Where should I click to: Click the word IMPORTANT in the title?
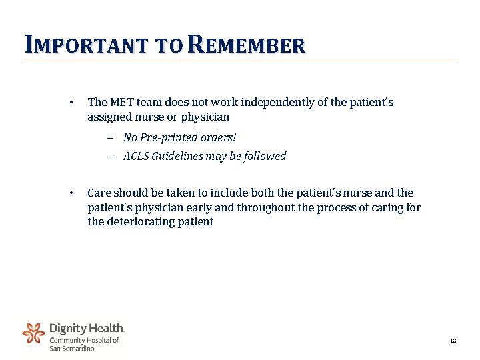pos(87,45)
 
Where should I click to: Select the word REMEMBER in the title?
pos(247,45)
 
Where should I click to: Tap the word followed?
pos(264,157)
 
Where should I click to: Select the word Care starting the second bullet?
pos(99,193)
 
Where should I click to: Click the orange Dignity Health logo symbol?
pos(33,333)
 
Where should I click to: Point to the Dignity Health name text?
pos(87,328)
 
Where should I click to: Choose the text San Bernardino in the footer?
pos(72,349)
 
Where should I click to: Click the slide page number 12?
pos(453,341)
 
